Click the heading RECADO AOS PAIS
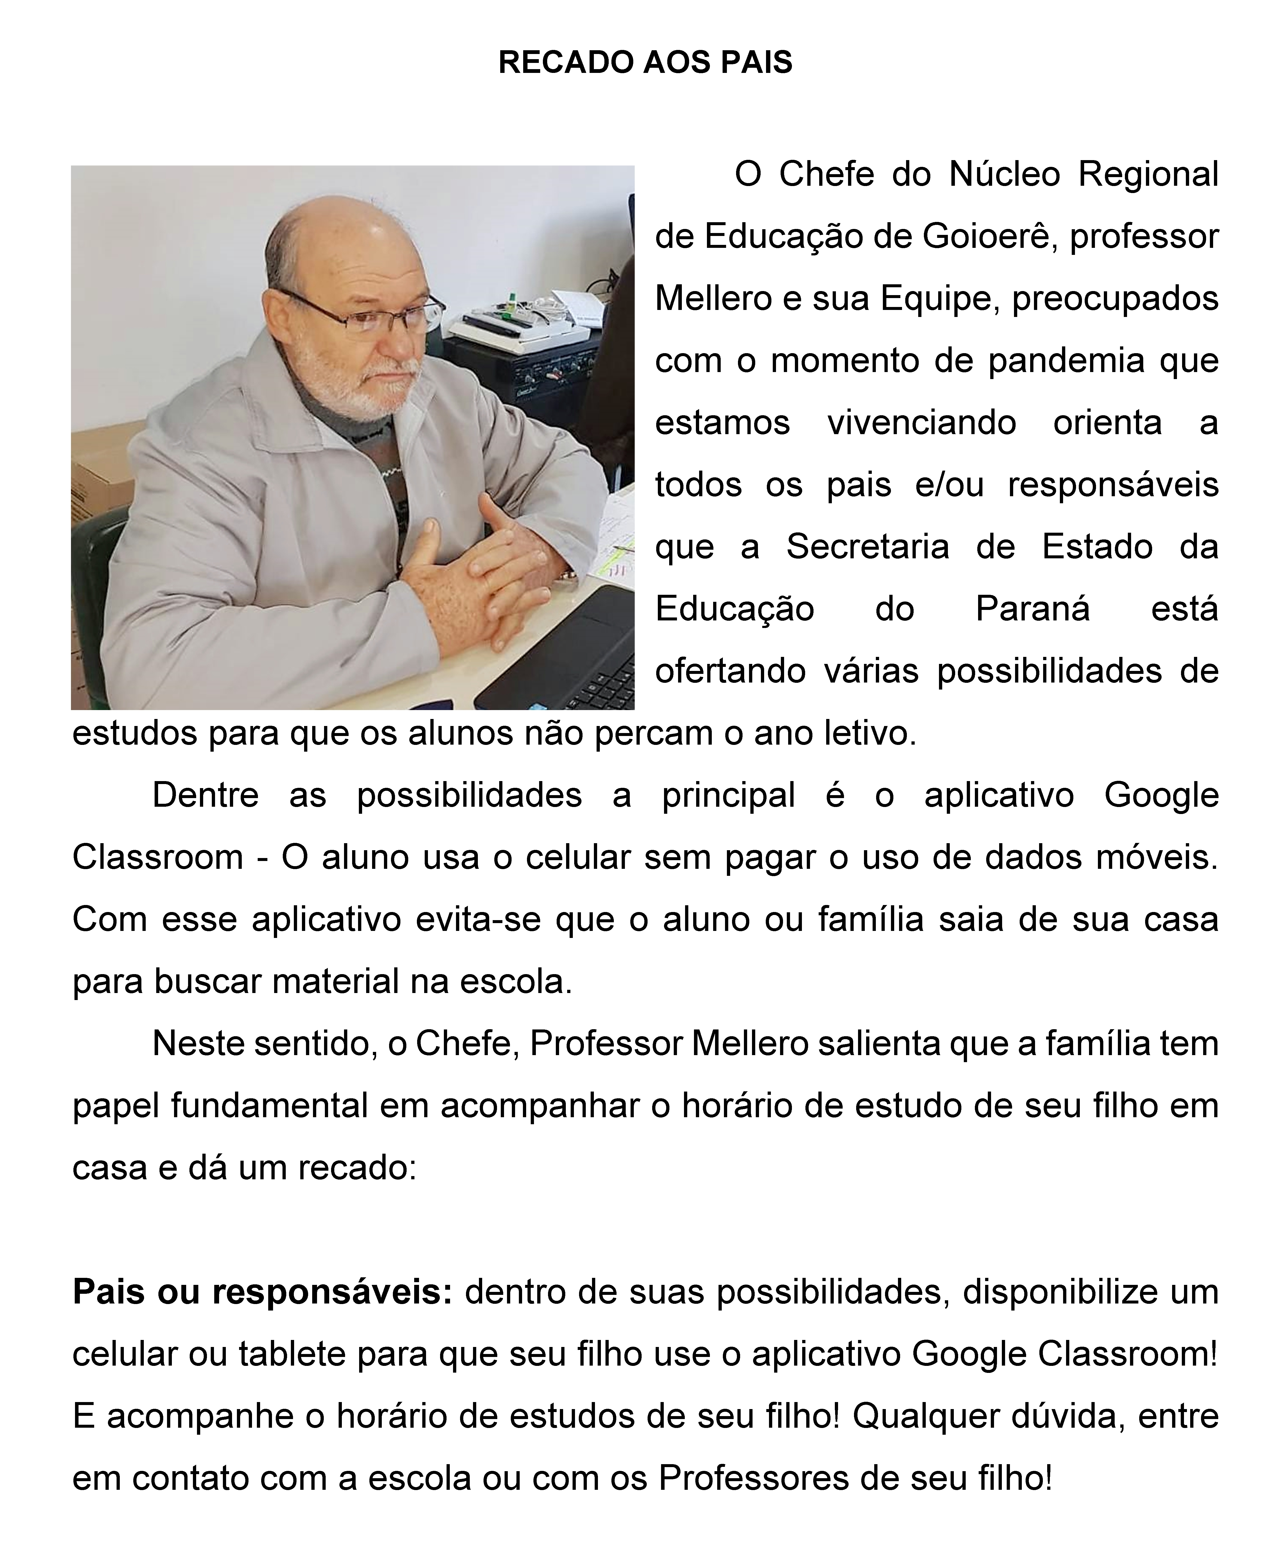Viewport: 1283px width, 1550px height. pos(645,63)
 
